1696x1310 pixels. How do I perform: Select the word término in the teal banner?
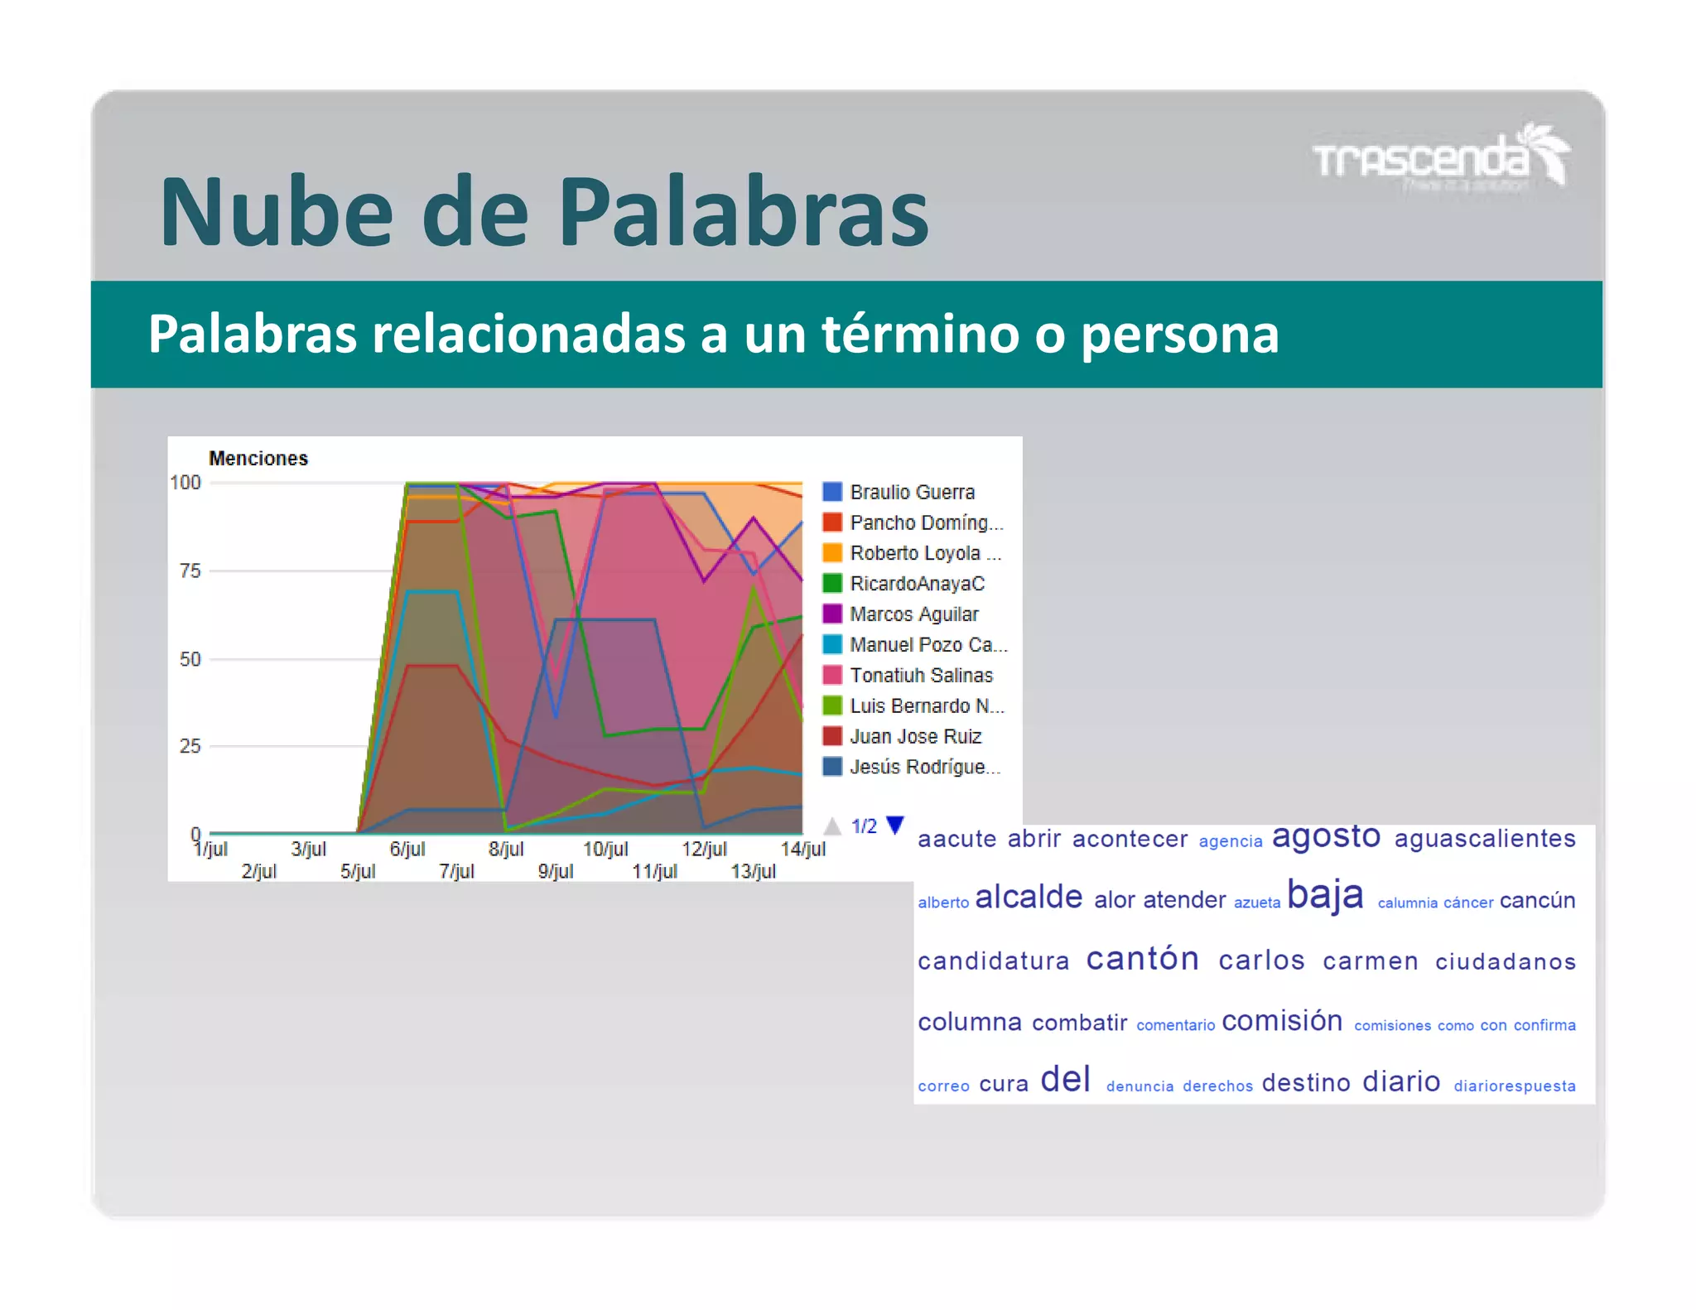pyautogui.click(x=920, y=334)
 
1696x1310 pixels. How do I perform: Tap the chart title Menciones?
pyautogui.click(x=258, y=458)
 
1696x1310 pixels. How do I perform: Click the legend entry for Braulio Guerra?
pyautogui.click(x=911, y=492)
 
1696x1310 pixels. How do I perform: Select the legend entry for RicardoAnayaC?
pyautogui.click(x=916, y=584)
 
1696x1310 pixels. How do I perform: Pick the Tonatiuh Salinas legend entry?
pyautogui.click(x=920, y=676)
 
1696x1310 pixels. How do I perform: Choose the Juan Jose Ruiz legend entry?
pyautogui.click(x=914, y=737)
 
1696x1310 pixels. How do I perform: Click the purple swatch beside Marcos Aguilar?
pyautogui.click(x=832, y=614)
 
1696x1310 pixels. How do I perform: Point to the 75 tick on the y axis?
pyautogui.click(x=190, y=571)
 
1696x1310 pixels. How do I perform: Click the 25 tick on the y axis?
pyautogui.click(x=190, y=746)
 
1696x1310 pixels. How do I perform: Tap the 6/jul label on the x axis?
pyautogui.click(x=407, y=849)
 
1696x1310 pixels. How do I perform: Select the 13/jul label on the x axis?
pyautogui.click(x=753, y=871)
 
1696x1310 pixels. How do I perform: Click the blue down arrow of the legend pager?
pyautogui.click(x=895, y=825)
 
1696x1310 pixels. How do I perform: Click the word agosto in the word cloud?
pyautogui.click(x=1326, y=836)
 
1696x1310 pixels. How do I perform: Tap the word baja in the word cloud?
pyautogui.click(x=1325, y=895)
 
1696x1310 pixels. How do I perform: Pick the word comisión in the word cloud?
pyautogui.click(x=1282, y=1021)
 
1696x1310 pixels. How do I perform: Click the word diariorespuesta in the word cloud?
pyautogui.click(x=1514, y=1086)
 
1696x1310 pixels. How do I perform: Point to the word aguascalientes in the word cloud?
pyautogui.click(x=1485, y=839)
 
